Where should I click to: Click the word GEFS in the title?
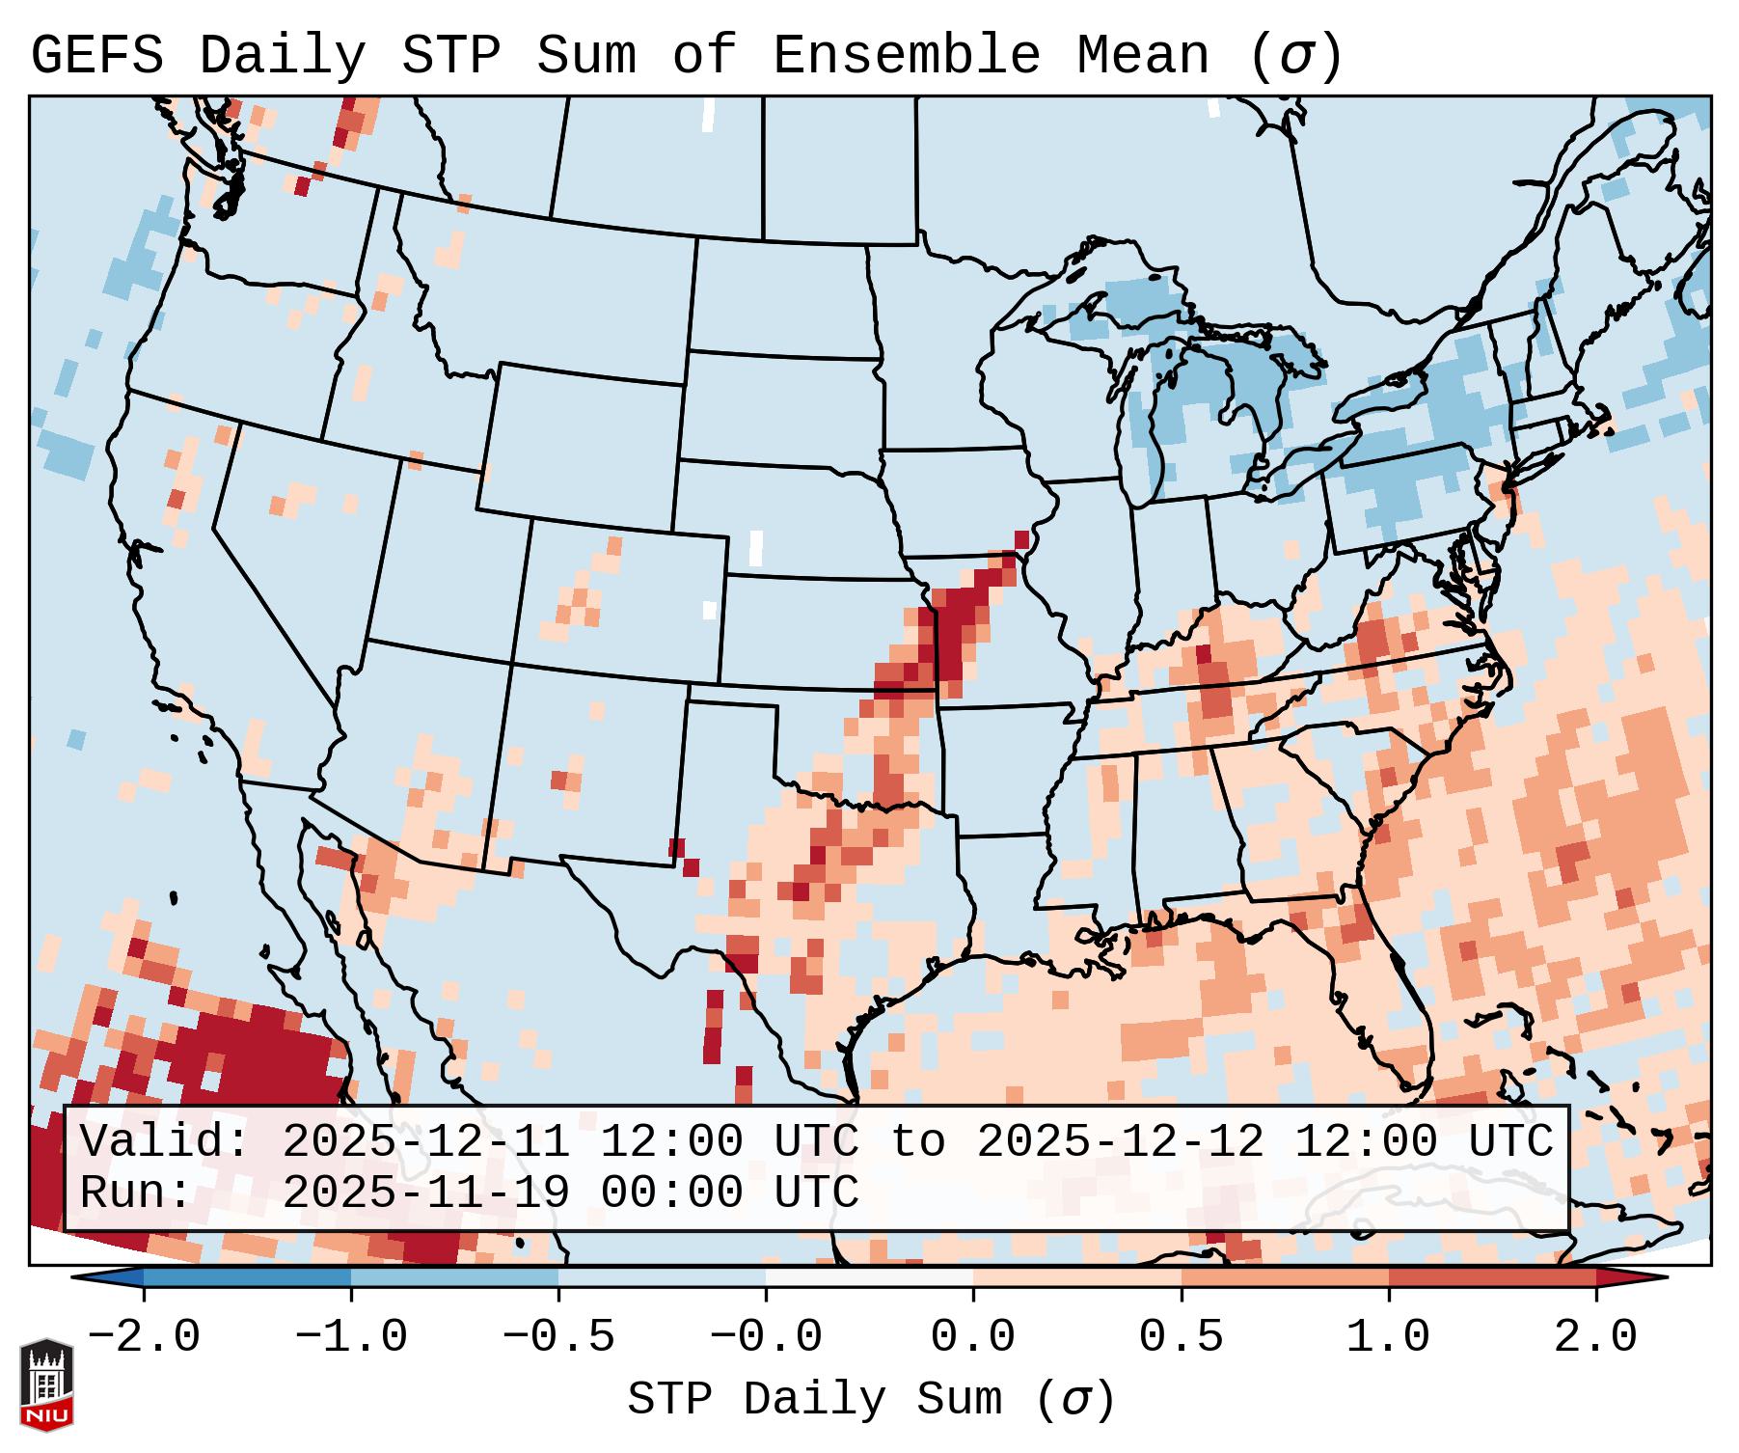(96, 56)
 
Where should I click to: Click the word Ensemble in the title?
(907, 56)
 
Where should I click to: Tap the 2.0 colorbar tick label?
(1596, 1337)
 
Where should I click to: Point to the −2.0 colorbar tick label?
(144, 1337)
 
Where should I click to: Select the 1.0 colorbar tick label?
(1388, 1337)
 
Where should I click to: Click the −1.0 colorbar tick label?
(351, 1337)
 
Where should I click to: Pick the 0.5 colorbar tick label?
(1181, 1337)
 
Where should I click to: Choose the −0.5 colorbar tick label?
(558, 1337)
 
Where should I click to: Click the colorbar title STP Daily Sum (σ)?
(871, 1400)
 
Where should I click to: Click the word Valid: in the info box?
(165, 1142)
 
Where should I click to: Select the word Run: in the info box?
(136, 1193)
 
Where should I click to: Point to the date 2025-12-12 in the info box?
(1120, 1142)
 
